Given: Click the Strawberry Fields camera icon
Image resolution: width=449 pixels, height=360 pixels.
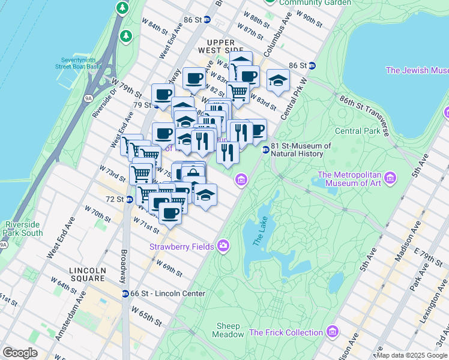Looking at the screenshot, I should coord(223,245).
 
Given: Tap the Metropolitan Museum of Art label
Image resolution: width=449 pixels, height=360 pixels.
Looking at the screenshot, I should coord(350,179).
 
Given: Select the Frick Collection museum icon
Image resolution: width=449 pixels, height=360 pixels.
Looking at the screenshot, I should coord(333,332).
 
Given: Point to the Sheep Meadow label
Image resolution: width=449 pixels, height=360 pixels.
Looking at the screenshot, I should coord(228,330).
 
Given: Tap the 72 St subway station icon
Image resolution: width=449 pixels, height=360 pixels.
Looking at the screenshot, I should coord(130,200).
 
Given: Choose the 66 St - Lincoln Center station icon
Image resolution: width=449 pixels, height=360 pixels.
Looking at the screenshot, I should coord(125,293).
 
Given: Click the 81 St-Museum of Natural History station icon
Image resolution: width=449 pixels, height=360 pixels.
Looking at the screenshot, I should coord(265,150).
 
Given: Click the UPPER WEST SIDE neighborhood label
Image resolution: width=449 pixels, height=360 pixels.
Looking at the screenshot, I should coord(225,46).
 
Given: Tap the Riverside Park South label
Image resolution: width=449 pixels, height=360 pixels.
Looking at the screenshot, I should coord(22,229).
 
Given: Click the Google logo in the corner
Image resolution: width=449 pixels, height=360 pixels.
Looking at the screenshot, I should coord(20,353).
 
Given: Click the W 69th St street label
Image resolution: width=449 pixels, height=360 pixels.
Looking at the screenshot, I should coord(169,268).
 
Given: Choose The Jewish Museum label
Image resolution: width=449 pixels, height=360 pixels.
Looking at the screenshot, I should coord(417,70).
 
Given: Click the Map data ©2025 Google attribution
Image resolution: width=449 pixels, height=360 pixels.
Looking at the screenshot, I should coord(412,355).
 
